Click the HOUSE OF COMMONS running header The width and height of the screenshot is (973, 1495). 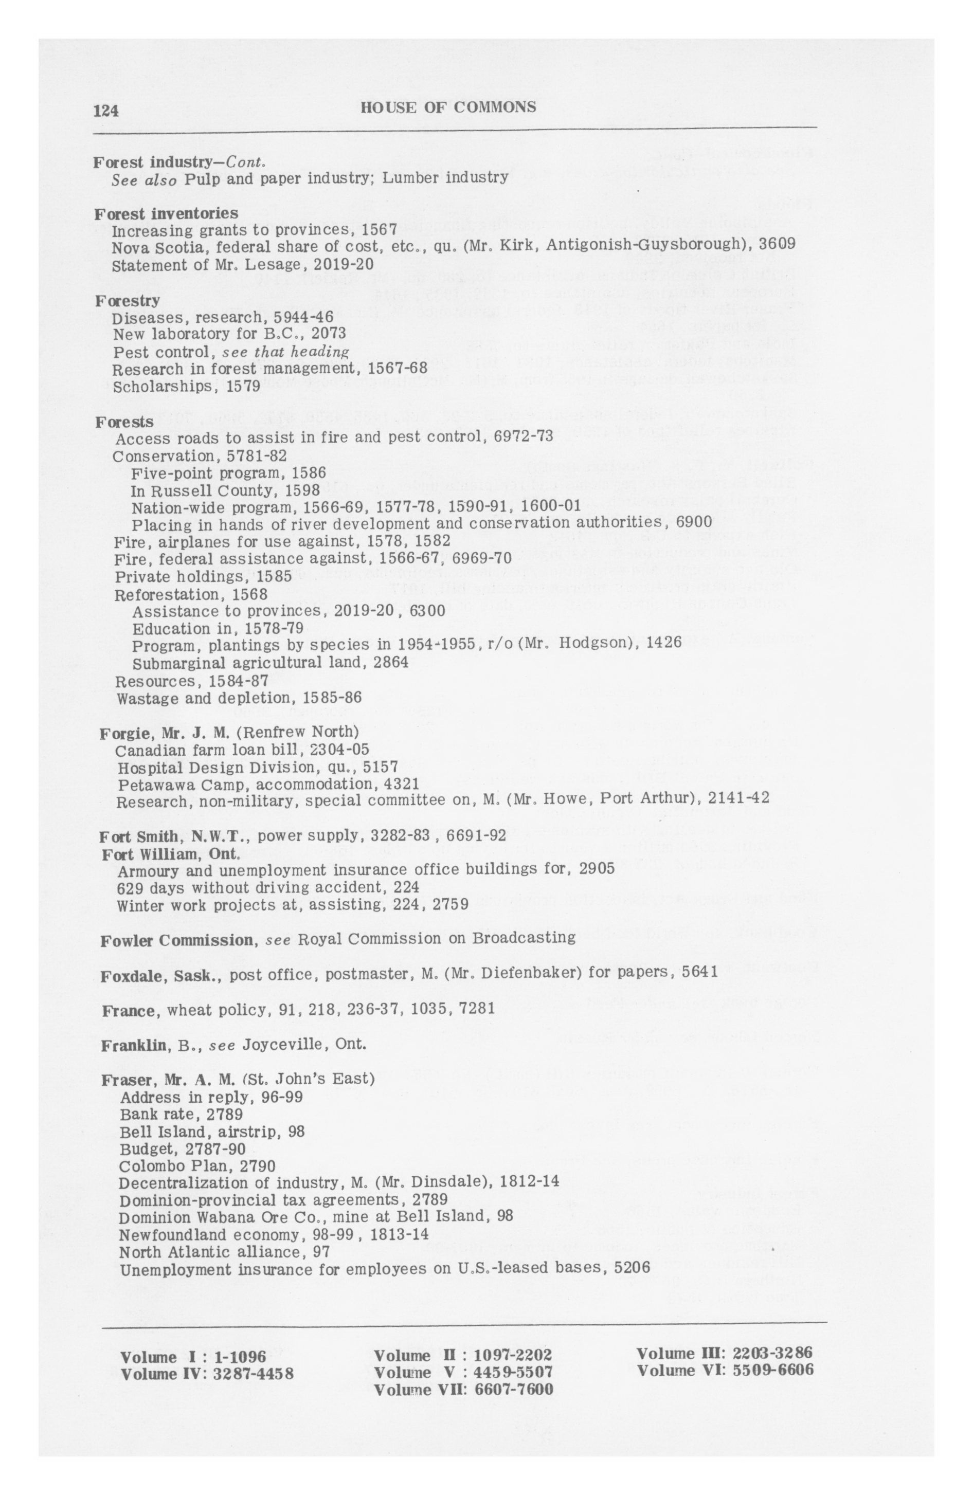tap(448, 107)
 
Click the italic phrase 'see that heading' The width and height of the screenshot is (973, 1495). tap(285, 352)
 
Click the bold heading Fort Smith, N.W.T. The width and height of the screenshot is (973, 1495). tap(175, 837)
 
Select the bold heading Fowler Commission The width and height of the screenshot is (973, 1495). tap(176, 940)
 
